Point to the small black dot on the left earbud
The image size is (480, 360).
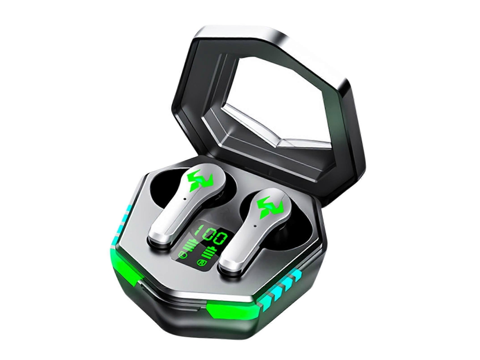click(x=186, y=198)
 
